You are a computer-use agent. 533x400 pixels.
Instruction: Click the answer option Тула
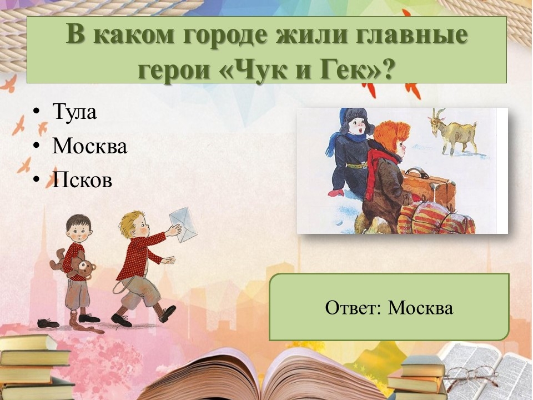point(74,112)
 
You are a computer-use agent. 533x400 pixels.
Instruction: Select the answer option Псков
point(82,179)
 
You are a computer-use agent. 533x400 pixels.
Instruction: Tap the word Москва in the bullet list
point(90,146)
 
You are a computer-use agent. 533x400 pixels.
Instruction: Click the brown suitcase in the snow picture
point(429,187)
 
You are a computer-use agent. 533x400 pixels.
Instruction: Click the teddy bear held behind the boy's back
point(75,263)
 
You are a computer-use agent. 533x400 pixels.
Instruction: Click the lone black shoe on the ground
point(48,323)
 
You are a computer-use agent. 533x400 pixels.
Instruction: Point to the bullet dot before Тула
point(36,111)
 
